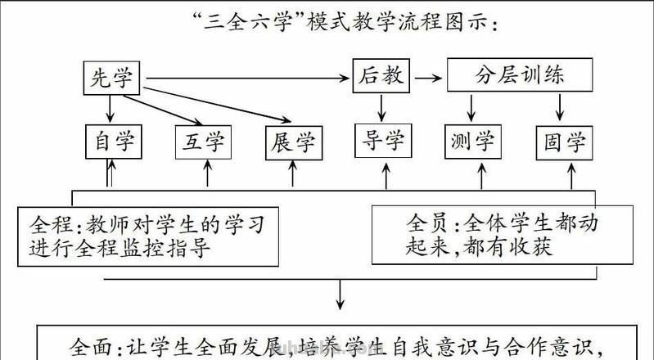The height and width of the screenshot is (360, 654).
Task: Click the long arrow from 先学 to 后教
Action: point(246,79)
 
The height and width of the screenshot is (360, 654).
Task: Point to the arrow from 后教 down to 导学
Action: point(381,106)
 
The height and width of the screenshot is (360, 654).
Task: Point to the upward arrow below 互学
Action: point(206,173)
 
